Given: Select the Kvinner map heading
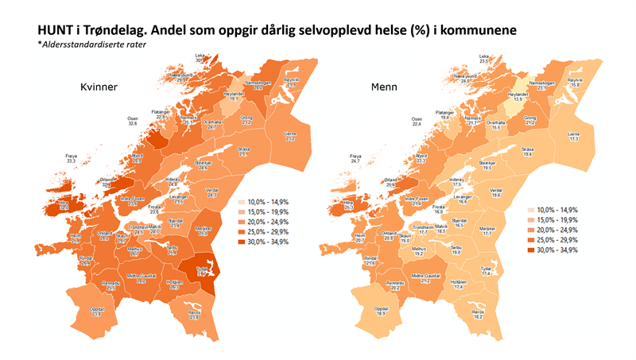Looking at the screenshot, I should click(x=101, y=87).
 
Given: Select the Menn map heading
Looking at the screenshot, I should click(x=386, y=87).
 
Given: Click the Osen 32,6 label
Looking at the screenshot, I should click(x=133, y=122).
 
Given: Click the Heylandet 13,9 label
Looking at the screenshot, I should click(x=518, y=96).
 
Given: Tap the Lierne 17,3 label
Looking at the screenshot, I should click(x=572, y=137).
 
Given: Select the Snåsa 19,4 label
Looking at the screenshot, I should click(x=528, y=153).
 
